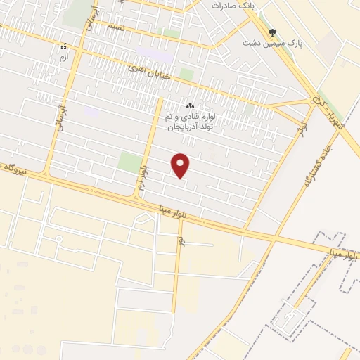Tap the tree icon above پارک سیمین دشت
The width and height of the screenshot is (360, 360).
pos(272,32)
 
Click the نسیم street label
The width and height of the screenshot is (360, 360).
pos(115,27)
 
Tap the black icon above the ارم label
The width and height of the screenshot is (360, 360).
pos(63,45)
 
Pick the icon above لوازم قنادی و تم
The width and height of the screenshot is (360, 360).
pos(190,105)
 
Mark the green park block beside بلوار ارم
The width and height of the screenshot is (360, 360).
pos(130,162)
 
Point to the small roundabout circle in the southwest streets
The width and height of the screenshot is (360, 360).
pos(59,240)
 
